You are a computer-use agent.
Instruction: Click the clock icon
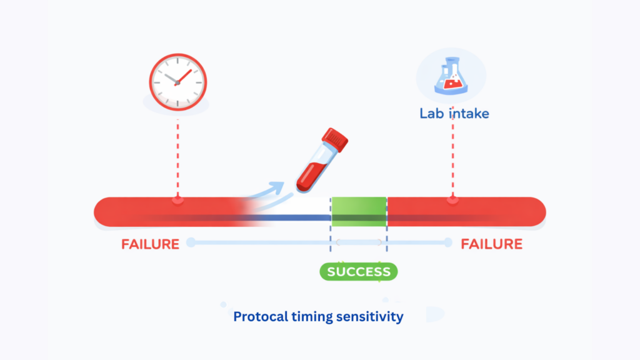tap(177, 82)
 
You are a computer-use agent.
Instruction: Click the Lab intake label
tap(454, 114)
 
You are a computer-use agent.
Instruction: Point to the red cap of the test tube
tap(334, 139)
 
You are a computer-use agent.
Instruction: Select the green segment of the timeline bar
tap(359, 211)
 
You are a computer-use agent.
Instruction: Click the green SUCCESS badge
tap(359, 272)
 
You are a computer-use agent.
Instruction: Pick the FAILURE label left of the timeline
tap(150, 244)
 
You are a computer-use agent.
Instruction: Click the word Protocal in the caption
tap(259, 317)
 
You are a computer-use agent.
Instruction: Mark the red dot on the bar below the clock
tap(177, 200)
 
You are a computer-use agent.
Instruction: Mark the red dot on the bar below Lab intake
tap(452, 200)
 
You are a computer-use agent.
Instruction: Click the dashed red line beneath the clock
tap(177, 156)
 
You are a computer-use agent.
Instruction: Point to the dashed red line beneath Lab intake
tap(452, 159)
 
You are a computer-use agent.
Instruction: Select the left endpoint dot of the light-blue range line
tap(191, 242)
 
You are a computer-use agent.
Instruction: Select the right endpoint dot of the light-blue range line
tap(448, 242)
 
